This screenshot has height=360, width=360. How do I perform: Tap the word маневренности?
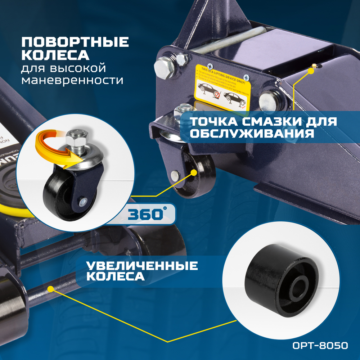[x=72, y=80]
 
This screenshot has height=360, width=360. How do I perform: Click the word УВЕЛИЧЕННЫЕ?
[x=142, y=266]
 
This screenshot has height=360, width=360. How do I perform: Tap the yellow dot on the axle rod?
[x=50, y=289]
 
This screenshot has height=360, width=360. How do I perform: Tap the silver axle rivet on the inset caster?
[x=83, y=202]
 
